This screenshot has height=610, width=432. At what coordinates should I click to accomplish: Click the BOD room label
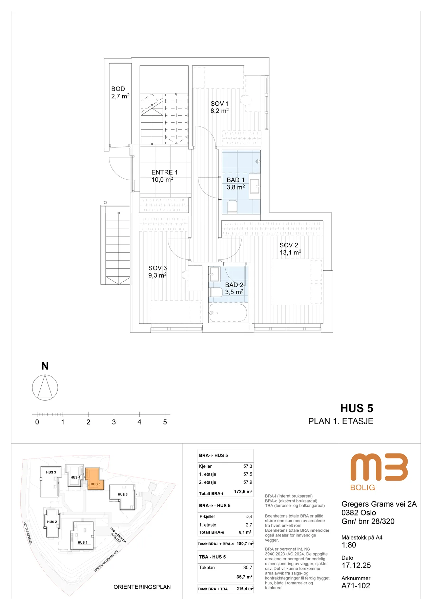(118, 89)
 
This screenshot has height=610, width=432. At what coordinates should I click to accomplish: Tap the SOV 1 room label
(220, 104)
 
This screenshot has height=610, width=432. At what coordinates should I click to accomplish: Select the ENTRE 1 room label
(164, 172)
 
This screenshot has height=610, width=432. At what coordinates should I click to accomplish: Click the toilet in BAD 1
(232, 206)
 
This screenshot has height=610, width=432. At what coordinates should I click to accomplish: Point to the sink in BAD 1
(255, 186)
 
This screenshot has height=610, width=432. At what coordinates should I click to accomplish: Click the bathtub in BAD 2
(228, 313)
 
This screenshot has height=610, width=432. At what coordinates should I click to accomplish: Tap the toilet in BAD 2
(216, 292)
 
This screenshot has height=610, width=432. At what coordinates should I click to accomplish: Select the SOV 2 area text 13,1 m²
(290, 252)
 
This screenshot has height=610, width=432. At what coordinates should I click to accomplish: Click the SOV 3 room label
(158, 268)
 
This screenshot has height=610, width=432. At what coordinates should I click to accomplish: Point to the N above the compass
(45, 366)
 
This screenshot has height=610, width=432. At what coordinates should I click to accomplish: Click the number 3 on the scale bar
(114, 422)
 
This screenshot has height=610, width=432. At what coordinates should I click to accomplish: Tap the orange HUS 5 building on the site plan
(94, 479)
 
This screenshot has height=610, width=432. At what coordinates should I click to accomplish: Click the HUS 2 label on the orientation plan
(52, 522)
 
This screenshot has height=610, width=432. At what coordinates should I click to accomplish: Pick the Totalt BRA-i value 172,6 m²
(243, 491)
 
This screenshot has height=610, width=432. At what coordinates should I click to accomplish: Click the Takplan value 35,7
(248, 567)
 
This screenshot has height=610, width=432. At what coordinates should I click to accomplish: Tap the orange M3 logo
(379, 467)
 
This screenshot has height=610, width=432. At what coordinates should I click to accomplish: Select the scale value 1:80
(349, 545)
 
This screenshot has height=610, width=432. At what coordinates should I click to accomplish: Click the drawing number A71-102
(356, 586)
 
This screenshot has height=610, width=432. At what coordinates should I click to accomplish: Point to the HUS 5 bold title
(357, 408)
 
